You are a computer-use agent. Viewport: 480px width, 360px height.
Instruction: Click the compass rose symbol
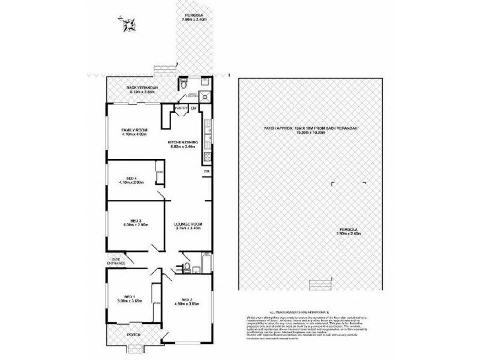[128, 25]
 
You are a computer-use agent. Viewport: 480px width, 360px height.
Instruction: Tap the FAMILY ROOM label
[134, 130]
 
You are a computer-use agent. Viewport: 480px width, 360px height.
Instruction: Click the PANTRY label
[181, 108]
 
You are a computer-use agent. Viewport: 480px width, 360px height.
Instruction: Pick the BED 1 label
[128, 296]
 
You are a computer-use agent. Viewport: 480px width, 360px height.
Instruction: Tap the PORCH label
[133, 335]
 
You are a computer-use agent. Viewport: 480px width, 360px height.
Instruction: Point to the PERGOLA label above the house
[192, 17]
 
